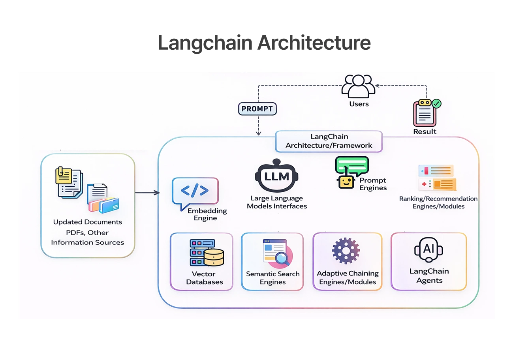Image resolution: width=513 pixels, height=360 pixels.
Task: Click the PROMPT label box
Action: point(257,109)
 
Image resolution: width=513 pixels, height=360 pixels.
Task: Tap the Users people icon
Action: point(358,86)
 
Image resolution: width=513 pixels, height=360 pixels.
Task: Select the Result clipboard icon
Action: point(424,113)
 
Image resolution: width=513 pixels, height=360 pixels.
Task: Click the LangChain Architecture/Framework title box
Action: point(329,141)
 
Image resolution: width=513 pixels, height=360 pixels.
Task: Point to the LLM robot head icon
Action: point(276,176)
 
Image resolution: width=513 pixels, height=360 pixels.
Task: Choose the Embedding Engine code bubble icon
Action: point(195,191)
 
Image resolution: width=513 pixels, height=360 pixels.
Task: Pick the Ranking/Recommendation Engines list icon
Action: point(437,178)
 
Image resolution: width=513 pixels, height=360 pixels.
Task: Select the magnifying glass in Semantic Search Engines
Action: point(282,258)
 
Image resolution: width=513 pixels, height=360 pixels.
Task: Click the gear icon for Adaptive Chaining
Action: point(346,251)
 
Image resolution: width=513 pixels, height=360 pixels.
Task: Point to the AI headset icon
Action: point(428,250)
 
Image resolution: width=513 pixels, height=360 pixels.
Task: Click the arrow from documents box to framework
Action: point(147,193)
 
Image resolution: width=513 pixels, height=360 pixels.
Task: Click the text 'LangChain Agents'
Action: point(429,276)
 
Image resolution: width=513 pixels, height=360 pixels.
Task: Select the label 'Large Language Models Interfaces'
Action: point(276,202)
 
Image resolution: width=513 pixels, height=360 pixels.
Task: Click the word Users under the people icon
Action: point(359,104)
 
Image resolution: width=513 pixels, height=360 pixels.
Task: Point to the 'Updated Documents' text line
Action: point(88,222)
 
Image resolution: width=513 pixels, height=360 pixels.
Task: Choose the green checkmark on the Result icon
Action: point(436,103)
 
